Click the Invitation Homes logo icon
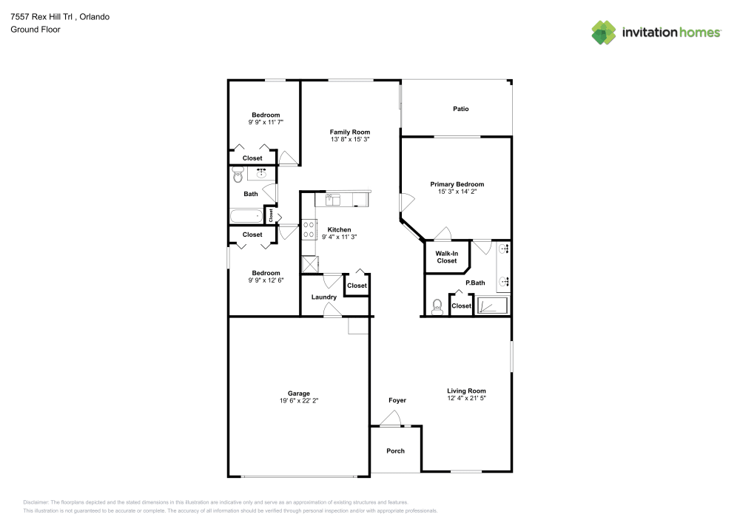604,32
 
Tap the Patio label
460,109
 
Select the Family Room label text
350,132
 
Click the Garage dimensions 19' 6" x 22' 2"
299,400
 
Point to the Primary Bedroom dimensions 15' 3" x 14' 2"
457,192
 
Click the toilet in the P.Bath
437,306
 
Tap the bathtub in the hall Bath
246,217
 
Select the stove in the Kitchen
309,229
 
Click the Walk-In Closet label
447,257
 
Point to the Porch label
396,451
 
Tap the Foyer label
397,400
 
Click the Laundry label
324,297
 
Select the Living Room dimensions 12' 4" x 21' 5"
466,398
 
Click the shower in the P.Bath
491,306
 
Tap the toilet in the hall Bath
238,175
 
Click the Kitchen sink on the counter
332,198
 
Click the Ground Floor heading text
36,30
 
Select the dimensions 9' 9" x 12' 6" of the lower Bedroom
266,280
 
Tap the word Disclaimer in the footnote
36,502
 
